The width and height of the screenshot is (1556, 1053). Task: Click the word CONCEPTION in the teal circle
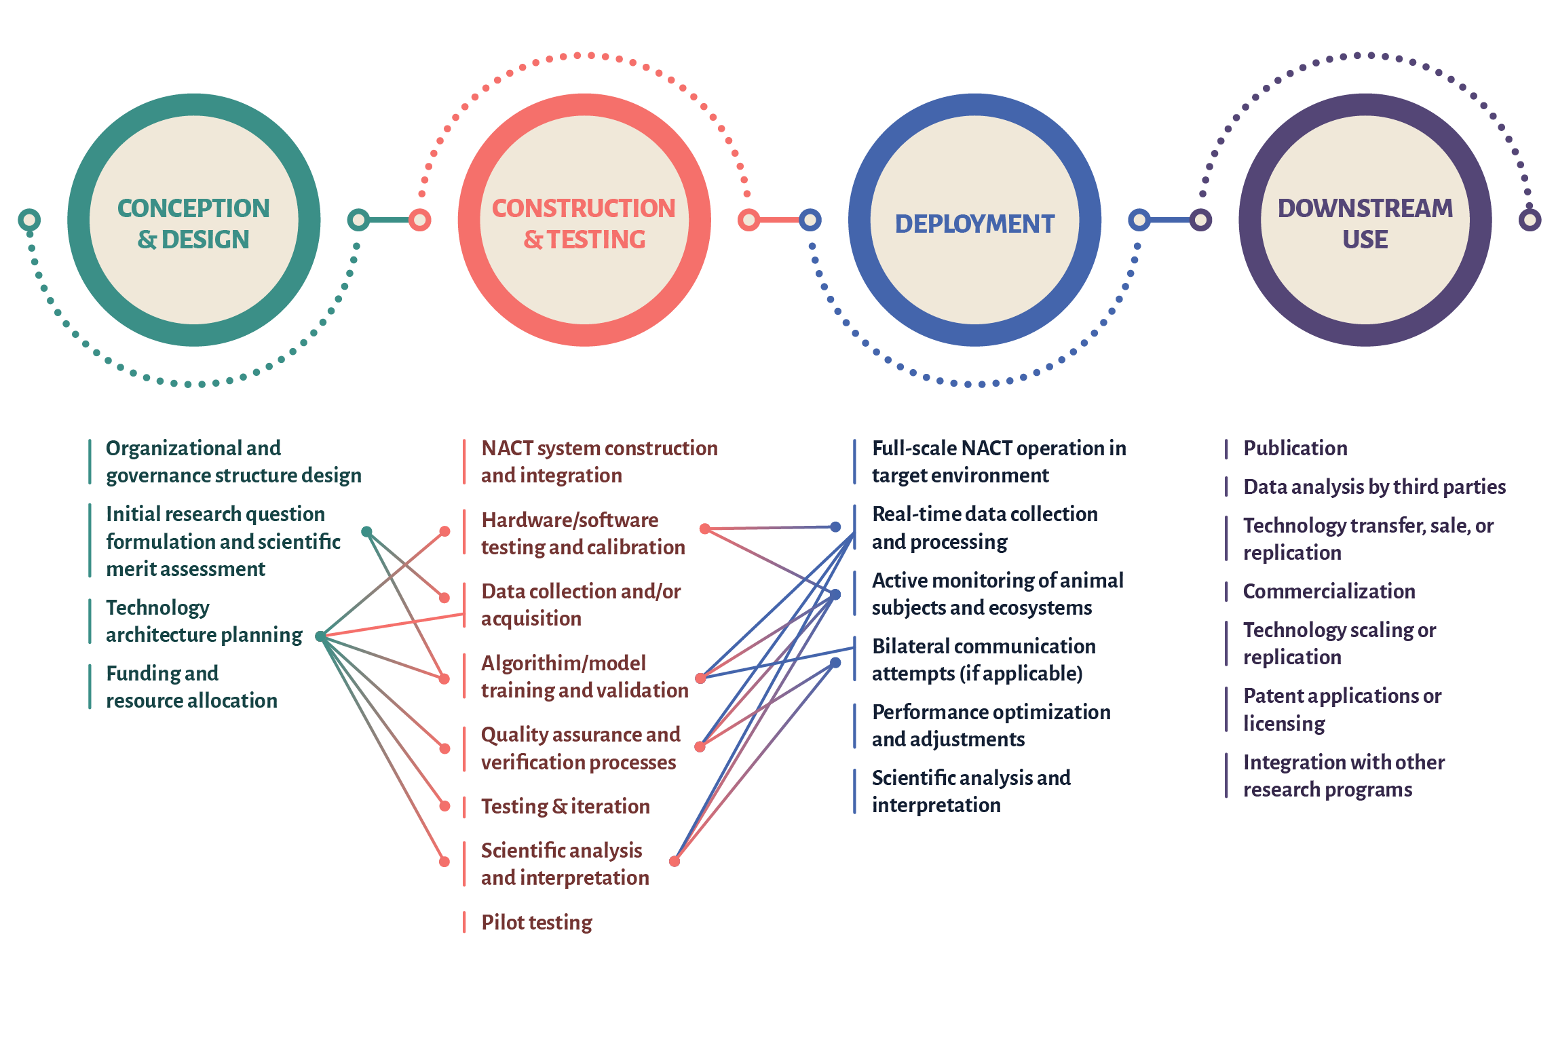tap(193, 208)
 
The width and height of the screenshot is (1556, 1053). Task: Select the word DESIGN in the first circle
tap(206, 240)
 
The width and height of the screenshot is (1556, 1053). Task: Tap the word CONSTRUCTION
tap(584, 208)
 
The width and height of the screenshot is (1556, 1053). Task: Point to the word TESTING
tap(596, 240)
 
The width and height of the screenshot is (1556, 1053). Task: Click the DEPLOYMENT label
tap(974, 224)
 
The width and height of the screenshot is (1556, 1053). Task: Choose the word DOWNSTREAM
tap(1365, 208)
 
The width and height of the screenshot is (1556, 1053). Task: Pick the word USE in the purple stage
tap(1365, 240)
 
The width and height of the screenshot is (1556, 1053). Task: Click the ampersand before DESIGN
tap(147, 240)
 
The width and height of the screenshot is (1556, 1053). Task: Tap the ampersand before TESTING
tap(533, 240)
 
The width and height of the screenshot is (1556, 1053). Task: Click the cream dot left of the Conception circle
tap(29, 220)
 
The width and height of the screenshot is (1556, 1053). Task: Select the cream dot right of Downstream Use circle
tap(1530, 220)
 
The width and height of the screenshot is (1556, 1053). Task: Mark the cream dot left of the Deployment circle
tap(810, 220)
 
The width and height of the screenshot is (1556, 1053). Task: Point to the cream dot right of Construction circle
tap(749, 220)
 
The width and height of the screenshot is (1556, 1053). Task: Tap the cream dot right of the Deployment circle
tap(1140, 220)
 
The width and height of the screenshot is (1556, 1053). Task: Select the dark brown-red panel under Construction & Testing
tap(584, 665)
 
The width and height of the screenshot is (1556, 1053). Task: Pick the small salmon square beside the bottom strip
tap(472, 923)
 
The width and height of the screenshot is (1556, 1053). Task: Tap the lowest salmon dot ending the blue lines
tap(675, 862)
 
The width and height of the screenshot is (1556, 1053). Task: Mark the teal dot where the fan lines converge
tap(320, 636)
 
